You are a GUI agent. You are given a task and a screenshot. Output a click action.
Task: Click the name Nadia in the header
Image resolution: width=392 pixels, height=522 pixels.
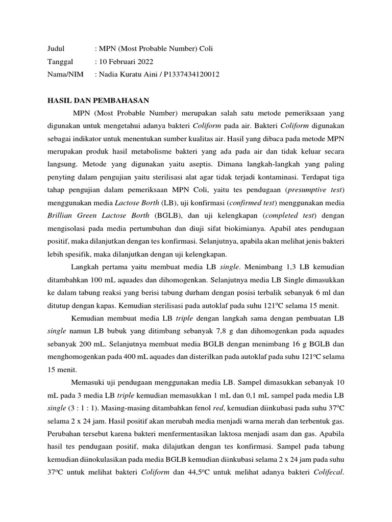tap(110, 74)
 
